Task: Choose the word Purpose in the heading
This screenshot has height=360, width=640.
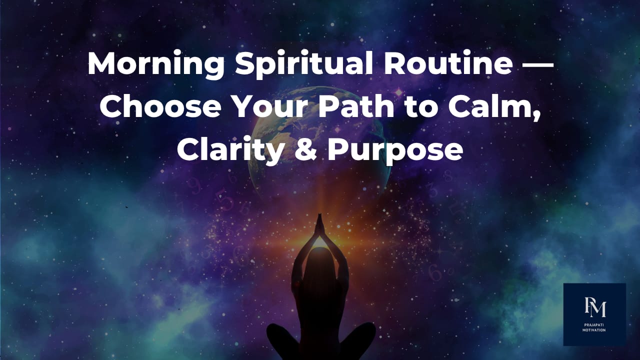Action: [x=394, y=150]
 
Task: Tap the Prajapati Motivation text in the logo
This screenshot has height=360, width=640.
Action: [x=594, y=327]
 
